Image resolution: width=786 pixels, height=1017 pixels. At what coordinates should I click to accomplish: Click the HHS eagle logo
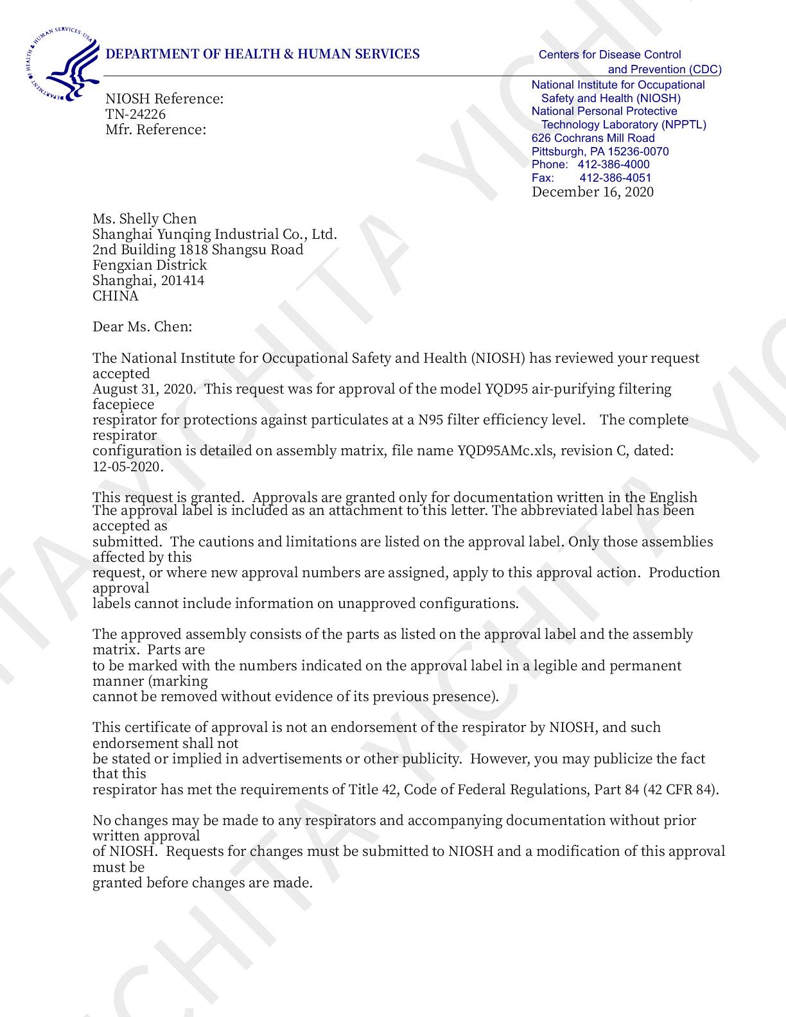62,64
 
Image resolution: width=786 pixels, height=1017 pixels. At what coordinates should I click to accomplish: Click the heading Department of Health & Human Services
262,54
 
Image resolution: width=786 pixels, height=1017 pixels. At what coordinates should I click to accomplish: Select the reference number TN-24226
135,114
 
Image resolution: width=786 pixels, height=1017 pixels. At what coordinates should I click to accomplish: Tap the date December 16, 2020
592,192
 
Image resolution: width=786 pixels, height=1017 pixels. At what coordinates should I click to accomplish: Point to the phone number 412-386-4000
613,164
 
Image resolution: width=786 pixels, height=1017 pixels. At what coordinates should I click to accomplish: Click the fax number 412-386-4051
615,178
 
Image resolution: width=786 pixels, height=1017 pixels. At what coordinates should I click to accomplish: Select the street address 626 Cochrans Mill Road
593,138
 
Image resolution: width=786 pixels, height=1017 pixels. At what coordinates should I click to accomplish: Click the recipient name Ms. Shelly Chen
144,219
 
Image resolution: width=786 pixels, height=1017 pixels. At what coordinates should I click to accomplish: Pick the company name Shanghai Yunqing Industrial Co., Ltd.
214,234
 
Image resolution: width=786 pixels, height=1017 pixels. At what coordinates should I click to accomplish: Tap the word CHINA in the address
116,296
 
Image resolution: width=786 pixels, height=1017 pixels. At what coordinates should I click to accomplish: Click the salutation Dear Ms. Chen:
142,327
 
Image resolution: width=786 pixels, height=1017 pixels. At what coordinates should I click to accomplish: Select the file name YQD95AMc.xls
507,451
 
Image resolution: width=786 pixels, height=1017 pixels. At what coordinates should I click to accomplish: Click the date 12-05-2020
128,467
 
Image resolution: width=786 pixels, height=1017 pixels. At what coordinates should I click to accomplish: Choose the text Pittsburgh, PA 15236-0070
600,152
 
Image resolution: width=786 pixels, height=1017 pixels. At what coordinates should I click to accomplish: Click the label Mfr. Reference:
156,130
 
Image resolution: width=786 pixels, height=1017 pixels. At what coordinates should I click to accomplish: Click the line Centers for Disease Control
609,55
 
